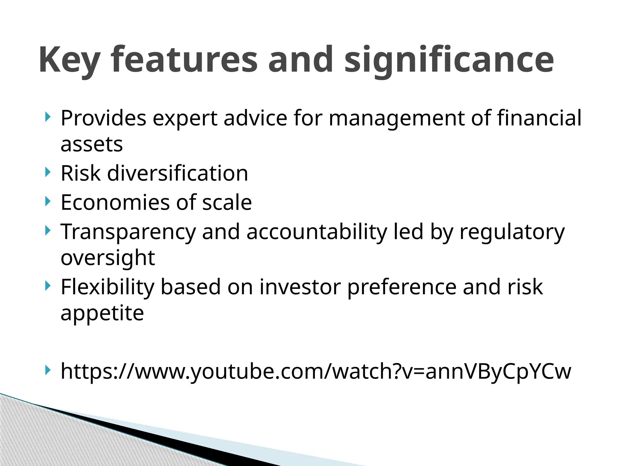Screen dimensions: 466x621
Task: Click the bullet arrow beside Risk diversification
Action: (x=47, y=172)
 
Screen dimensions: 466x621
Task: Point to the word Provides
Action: (x=103, y=118)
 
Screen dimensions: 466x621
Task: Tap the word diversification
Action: (x=178, y=173)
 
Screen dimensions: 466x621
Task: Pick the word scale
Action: (x=227, y=202)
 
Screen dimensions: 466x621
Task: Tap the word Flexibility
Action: (x=107, y=287)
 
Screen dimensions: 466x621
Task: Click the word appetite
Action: (x=102, y=313)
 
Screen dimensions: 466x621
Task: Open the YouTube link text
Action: (x=316, y=371)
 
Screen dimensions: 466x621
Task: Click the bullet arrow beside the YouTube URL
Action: (x=47, y=370)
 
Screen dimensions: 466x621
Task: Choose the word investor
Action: (x=300, y=287)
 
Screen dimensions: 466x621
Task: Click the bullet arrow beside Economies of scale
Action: (x=47, y=201)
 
